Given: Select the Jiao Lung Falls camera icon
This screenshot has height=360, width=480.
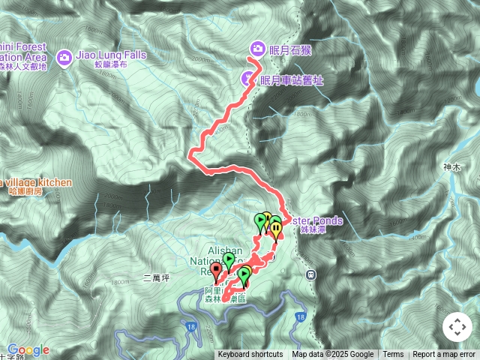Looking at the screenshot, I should [x=64, y=56].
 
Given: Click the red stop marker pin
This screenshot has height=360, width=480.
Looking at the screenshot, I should [x=217, y=270].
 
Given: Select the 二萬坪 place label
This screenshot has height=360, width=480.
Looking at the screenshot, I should [x=156, y=278].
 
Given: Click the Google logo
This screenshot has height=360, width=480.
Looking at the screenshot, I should [x=28, y=349].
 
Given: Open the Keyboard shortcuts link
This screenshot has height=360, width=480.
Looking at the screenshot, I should [x=250, y=355].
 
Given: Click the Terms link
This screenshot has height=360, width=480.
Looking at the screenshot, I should [x=393, y=355].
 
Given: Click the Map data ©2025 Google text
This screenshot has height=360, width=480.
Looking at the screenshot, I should [x=333, y=355].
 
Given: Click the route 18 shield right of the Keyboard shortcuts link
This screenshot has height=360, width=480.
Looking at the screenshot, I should [x=301, y=317].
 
